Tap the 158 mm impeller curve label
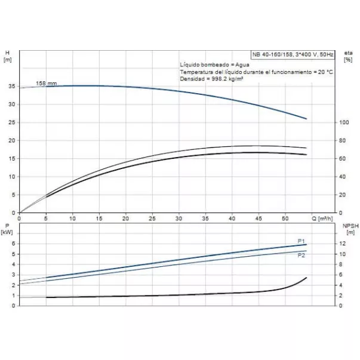pos(46,83)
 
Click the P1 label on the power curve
pos(301,241)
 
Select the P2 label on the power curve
pos(301,256)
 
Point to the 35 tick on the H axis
pos(12,87)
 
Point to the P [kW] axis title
pos(7,229)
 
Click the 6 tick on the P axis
pos(13,244)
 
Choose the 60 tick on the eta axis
pos(343,159)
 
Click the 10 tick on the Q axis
pos(72,218)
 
